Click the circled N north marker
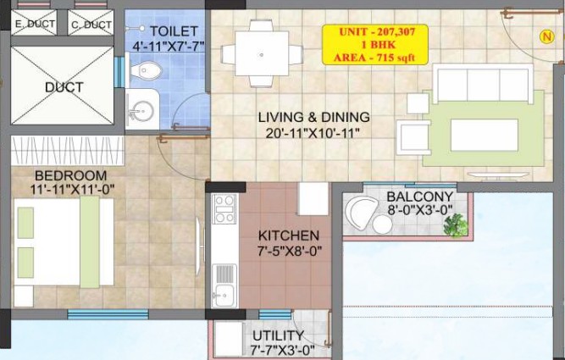click(x=547, y=36)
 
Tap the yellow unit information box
click(x=374, y=45)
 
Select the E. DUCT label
click(x=35, y=25)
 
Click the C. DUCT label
click(x=91, y=25)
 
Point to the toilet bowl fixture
click(x=146, y=70)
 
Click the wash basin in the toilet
click(x=141, y=109)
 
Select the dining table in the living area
click(x=262, y=53)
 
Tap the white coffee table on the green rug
click(x=484, y=136)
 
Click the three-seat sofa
click(x=483, y=83)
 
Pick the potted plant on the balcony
click(x=456, y=225)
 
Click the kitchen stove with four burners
click(x=224, y=209)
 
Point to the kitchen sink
click(x=224, y=285)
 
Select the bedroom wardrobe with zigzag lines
click(x=68, y=151)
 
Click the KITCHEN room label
click(x=289, y=235)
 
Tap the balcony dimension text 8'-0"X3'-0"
click(x=420, y=210)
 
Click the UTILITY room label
click(x=278, y=335)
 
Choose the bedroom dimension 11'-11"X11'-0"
click(x=72, y=189)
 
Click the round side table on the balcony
click(x=382, y=224)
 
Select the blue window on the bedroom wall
click(x=108, y=314)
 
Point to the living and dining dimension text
click(x=313, y=133)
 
